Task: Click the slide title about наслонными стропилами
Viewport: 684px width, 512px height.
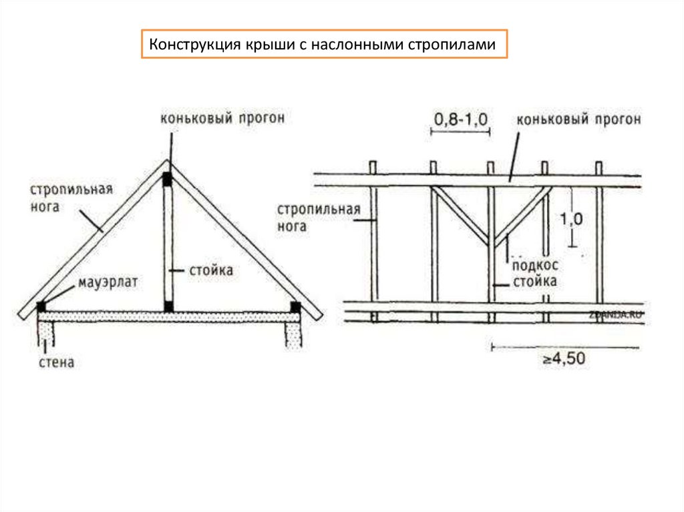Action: (323, 45)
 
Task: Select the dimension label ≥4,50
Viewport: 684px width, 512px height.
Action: (563, 359)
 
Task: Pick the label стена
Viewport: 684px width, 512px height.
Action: (55, 362)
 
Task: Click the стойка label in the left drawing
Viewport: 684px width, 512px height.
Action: (209, 270)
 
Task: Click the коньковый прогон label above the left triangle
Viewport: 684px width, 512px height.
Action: (222, 119)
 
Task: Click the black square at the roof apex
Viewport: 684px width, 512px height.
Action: (167, 179)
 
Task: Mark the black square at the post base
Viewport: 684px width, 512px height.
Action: (168, 306)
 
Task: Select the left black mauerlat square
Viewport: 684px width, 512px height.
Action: (42, 306)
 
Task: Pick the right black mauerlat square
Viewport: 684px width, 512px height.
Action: (295, 306)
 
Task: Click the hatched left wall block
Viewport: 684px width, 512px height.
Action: (45, 331)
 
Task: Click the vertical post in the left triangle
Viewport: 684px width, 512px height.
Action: (168, 244)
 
